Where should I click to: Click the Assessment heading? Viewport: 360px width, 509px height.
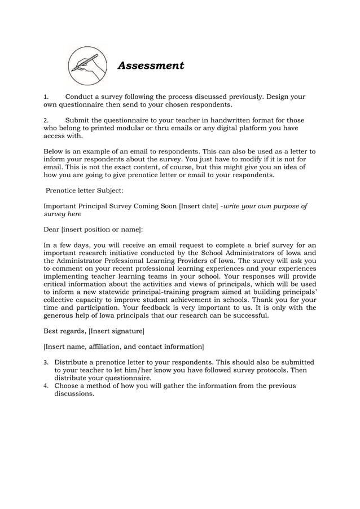tap(150, 66)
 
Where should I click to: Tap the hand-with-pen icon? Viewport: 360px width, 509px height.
tap(87, 66)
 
